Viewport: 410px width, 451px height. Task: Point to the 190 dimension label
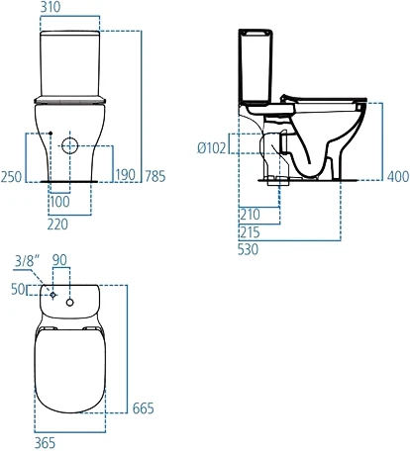pyautogui.click(x=126, y=176)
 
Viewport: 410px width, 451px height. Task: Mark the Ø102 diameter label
pyautogui.click(x=213, y=147)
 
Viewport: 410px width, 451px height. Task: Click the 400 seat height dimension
pyautogui.click(x=397, y=176)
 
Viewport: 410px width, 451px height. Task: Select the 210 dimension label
pyautogui.click(x=251, y=213)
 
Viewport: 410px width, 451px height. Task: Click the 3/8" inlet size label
pyautogui.click(x=30, y=262)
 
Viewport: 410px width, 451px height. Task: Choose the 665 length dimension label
pyautogui.click(x=144, y=408)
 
